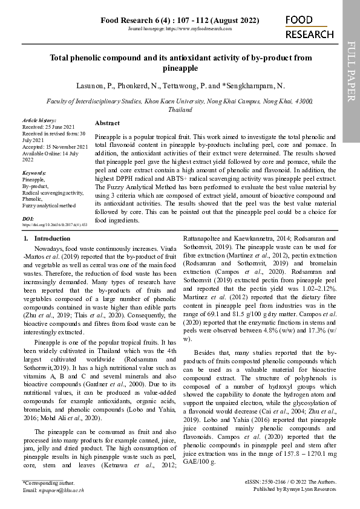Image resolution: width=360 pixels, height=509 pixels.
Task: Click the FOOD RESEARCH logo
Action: pyautogui.click(x=309, y=28)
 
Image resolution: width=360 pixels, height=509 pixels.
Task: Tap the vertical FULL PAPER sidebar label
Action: pyautogui.click(x=351, y=72)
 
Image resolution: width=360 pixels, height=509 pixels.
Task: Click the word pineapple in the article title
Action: pyautogui.click(x=180, y=69)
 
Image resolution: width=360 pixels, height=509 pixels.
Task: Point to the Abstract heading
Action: pyautogui.click(x=107, y=123)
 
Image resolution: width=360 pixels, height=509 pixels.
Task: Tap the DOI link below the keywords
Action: pyautogui.click(x=54, y=224)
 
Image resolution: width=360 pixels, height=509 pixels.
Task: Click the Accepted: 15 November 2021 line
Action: pyautogui.click(x=54, y=147)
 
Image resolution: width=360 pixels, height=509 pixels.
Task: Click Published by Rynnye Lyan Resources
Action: pyautogui.click(x=294, y=490)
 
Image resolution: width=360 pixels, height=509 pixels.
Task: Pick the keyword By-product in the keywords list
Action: pyautogui.click(x=35, y=186)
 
